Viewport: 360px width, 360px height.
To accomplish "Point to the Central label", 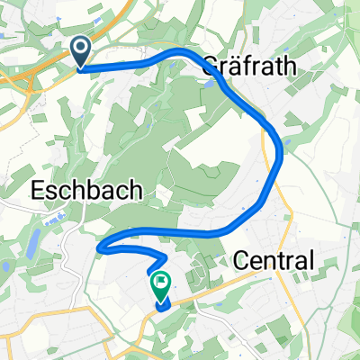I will [x=274, y=261].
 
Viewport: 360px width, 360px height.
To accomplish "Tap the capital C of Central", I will [x=240, y=261].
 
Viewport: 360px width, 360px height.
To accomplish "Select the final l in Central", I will [x=311, y=261].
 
